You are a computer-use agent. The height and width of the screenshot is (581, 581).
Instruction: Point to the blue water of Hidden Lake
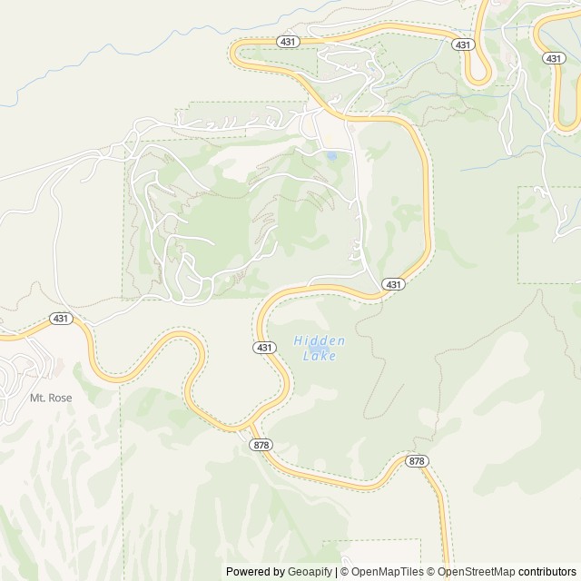click(x=318, y=348)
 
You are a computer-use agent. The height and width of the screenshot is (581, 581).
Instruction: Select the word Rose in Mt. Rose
click(x=58, y=398)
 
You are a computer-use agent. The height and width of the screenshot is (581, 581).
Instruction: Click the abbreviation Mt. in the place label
click(x=37, y=398)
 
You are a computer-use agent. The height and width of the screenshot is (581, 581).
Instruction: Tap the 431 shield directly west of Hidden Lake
click(x=262, y=348)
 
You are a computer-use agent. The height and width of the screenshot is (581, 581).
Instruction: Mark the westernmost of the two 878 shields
click(x=262, y=444)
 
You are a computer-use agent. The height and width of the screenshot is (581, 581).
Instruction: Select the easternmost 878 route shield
click(x=416, y=461)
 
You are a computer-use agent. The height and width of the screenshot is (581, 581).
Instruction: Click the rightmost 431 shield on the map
click(x=553, y=57)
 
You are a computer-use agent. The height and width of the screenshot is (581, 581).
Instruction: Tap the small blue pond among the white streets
click(x=331, y=156)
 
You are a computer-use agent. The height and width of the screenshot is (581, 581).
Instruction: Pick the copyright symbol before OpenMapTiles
click(x=344, y=572)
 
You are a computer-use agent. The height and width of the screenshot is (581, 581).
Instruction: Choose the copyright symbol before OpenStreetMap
click(x=431, y=572)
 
